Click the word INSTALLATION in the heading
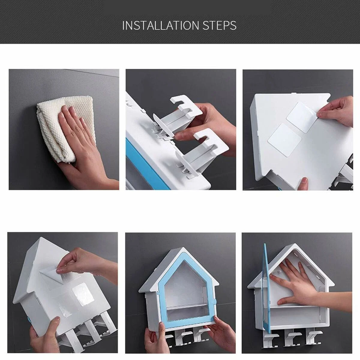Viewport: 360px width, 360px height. [161, 25]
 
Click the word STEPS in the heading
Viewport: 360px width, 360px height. [220, 25]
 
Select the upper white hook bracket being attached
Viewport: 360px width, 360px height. [179, 116]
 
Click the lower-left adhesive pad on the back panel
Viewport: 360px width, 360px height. [282, 139]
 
